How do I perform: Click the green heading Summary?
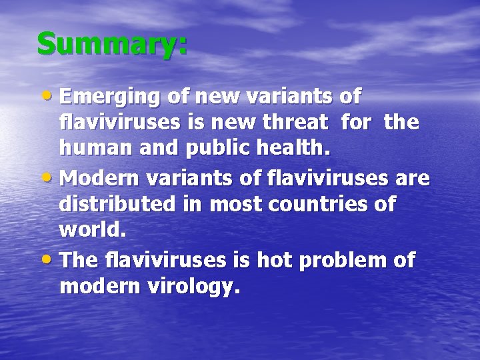click(x=112, y=45)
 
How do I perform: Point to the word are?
click(x=413, y=179)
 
